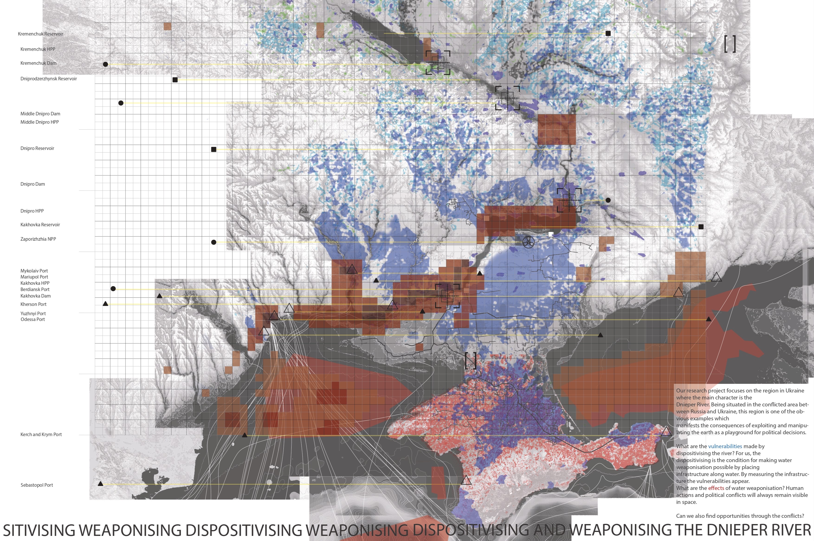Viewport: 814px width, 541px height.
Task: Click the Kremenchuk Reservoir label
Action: (x=40, y=34)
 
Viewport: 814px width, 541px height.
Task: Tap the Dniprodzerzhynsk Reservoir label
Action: (x=48, y=79)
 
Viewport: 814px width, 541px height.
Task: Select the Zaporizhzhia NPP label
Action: (x=38, y=239)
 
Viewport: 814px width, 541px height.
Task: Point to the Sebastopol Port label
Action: (x=37, y=485)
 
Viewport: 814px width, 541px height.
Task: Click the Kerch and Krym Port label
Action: (x=41, y=434)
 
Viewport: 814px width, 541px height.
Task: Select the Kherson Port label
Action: (x=33, y=304)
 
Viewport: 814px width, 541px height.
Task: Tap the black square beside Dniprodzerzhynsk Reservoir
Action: (x=175, y=80)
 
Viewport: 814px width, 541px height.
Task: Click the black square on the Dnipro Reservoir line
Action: (x=213, y=149)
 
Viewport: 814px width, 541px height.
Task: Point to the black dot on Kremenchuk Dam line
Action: (x=106, y=64)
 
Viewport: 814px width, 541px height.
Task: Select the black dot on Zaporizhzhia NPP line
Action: (x=213, y=242)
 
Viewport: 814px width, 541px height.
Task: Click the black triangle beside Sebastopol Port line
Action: (x=100, y=484)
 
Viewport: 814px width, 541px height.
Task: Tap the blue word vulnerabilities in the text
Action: (x=725, y=446)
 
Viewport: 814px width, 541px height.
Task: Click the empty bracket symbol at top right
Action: (x=730, y=44)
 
